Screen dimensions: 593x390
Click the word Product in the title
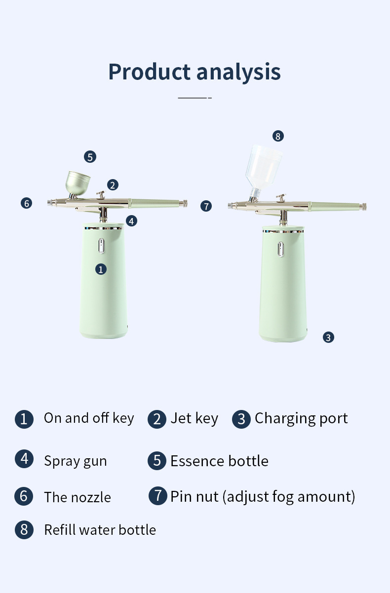pos(150,72)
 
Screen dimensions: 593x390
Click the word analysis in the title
pos(238,72)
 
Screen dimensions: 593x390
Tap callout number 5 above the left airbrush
pos(89,157)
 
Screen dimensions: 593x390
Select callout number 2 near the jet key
pos(113,185)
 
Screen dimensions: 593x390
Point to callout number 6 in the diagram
pos(27,203)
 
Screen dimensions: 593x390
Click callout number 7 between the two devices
pos(206,206)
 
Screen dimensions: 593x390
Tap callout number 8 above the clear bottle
pos(278,136)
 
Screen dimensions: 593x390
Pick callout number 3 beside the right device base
pos(329,337)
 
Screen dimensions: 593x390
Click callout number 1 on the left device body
pos(101,269)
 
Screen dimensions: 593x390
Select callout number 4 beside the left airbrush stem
pos(131,221)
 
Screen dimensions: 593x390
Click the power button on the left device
pos(101,247)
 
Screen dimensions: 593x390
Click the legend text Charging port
pos(301,418)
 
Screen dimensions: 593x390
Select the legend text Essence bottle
pos(219,461)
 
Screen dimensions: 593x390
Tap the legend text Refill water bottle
pos(100,530)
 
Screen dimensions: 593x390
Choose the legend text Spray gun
pos(75,461)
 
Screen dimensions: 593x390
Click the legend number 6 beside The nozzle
pos(24,496)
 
